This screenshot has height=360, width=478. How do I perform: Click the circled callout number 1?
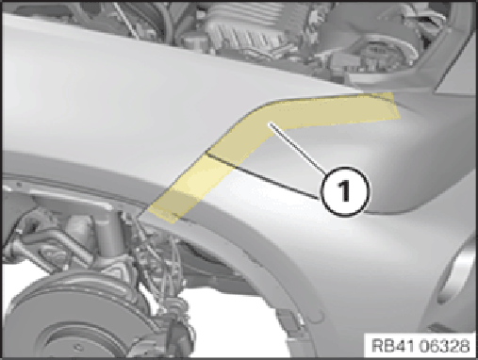345,191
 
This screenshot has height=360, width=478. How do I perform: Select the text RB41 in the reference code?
393,346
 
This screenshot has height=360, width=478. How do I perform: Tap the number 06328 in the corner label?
444,346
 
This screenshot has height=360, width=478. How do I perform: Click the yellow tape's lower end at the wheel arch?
163,214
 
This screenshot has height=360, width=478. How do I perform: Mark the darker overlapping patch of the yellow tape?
182,200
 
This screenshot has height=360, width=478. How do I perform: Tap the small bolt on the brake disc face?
77,347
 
